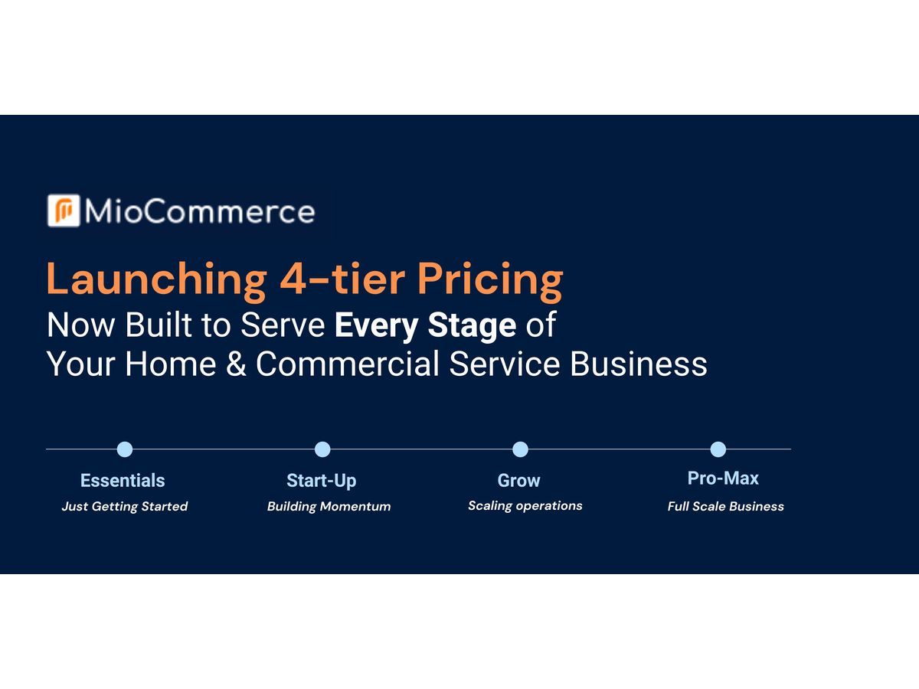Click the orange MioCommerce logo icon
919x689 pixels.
[x=64, y=211]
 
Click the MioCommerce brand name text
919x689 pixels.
[x=200, y=212]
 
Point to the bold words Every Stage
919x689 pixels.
[x=425, y=326]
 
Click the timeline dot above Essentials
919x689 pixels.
[x=125, y=449]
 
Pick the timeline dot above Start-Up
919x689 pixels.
[x=322, y=449]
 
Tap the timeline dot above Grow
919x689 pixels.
[x=520, y=449]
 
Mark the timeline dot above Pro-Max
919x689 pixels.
[x=718, y=449]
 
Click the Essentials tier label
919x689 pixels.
[x=123, y=481]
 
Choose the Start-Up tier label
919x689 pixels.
[x=321, y=481]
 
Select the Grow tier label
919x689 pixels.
[x=518, y=481]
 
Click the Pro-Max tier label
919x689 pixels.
[x=723, y=478]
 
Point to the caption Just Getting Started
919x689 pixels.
[x=125, y=507]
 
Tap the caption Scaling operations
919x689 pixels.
[x=525, y=506]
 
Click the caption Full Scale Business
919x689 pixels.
[x=725, y=507]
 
